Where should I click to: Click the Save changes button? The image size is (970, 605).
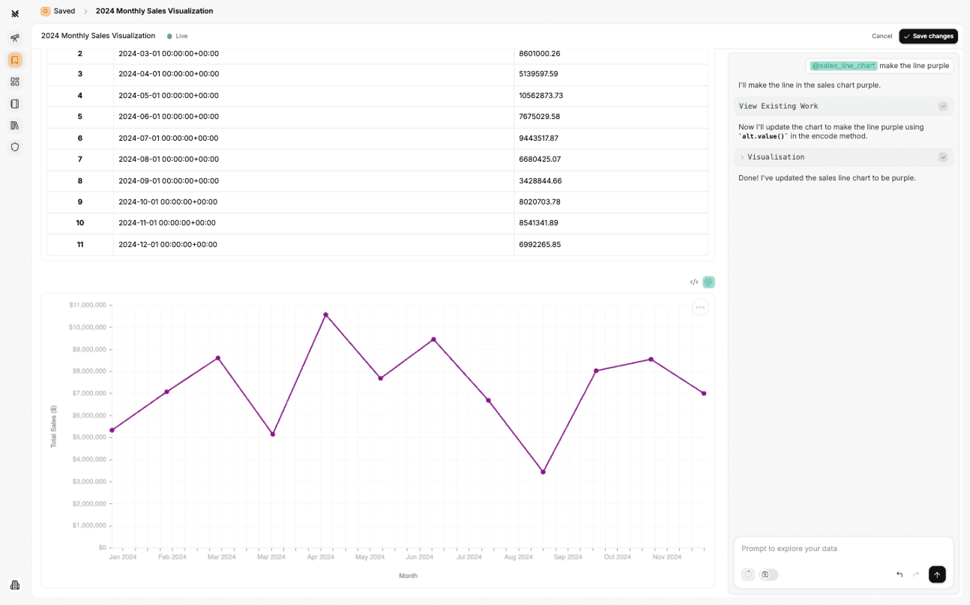click(x=928, y=36)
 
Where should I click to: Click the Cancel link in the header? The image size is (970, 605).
click(x=882, y=36)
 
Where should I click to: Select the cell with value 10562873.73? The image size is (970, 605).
click(x=541, y=95)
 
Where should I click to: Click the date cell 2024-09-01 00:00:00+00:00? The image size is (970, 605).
click(x=169, y=181)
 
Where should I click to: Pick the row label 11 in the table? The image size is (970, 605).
click(x=80, y=244)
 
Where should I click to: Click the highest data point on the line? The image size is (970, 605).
click(x=326, y=315)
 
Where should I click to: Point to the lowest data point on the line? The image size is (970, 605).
click(x=543, y=472)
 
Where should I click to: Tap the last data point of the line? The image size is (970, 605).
click(x=704, y=393)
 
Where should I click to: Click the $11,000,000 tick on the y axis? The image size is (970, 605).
click(x=87, y=305)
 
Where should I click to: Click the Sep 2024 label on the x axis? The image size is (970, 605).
click(x=567, y=557)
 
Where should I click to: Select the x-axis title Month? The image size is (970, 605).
click(x=408, y=575)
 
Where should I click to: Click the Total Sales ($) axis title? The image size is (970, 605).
click(x=54, y=426)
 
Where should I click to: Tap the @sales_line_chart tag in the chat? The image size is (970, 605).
click(x=843, y=66)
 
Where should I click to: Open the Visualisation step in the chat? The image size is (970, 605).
click(x=775, y=157)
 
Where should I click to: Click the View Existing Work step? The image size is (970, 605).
click(x=778, y=106)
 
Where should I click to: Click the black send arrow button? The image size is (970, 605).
click(x=937, y=575)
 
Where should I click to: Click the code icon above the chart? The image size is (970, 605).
click(x=694, y=282)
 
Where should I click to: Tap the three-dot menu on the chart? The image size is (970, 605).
click(x=700, y=307)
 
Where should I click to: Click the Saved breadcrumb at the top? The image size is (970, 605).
click(x=64, y=11)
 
